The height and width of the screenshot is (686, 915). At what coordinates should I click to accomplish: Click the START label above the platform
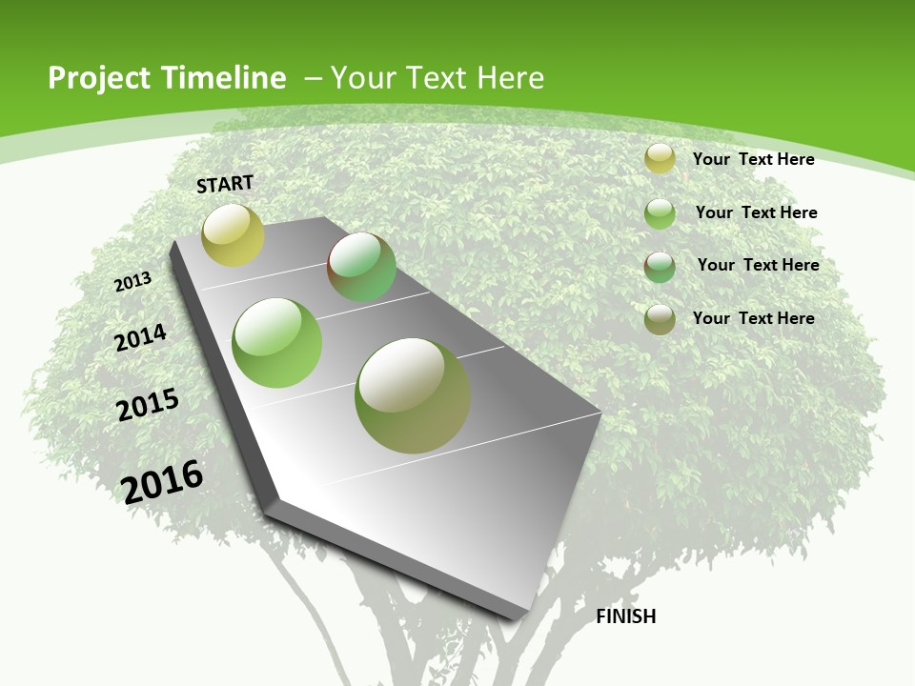[225, 184]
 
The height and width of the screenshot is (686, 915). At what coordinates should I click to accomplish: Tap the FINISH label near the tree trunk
[625, 616]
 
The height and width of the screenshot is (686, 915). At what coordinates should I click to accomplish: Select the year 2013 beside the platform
[133, 282]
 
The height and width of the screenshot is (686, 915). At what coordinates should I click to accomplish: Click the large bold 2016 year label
[162, 481]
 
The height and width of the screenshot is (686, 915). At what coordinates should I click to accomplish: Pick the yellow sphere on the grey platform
[233, 235]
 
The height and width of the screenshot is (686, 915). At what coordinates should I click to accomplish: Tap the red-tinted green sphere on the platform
[361, 267]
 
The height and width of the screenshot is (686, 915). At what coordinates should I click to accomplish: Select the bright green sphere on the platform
[277, 343]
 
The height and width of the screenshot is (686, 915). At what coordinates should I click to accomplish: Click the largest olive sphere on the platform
[413, 395]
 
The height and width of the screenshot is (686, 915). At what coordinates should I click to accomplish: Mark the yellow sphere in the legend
[660, 159]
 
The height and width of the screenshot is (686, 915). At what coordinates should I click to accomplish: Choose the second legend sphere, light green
[660, 213]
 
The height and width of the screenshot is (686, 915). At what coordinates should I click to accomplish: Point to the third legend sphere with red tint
[660, 267]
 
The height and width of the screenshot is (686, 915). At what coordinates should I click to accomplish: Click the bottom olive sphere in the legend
[660, 319]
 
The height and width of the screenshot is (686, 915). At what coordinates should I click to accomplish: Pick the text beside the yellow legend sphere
[753, 159]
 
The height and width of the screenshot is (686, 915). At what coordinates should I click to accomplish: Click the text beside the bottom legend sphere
[753, 318]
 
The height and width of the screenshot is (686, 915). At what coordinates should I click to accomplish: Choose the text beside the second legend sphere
[756, 212]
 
